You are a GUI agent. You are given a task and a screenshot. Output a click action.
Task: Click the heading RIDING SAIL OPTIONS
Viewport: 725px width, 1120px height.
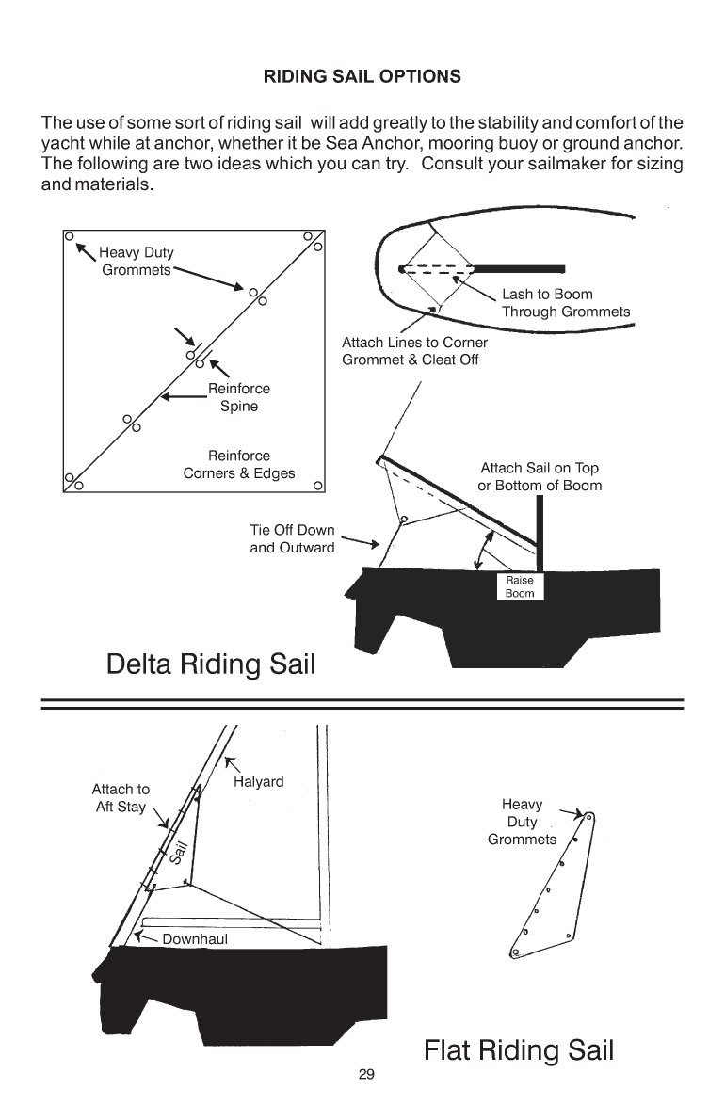tap(362, 76)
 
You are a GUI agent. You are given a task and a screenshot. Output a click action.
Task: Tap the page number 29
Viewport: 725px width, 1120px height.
tap(366, 1074)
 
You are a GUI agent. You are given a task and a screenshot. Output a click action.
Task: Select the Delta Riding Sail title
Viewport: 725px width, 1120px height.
tap(211, 664)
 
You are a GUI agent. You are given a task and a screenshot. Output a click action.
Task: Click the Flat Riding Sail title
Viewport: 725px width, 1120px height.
tap(519, 1049)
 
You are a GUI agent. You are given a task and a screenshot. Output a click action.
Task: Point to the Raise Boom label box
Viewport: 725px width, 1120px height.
tap(520, 586)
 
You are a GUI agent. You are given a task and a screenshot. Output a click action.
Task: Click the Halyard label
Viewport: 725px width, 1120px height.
tap(258, 782)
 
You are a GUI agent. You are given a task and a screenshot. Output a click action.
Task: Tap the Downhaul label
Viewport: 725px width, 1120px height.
tap(195, 938)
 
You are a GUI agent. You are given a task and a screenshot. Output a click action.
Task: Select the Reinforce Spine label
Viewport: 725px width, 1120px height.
tap(238, 397)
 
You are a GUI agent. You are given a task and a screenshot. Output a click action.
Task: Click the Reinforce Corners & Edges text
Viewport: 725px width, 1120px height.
tap(238, 464)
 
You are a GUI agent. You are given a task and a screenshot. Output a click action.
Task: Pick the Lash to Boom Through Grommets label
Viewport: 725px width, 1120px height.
tap(565, 303)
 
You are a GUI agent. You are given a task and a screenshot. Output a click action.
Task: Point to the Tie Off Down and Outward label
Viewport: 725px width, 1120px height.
tap(292, 538)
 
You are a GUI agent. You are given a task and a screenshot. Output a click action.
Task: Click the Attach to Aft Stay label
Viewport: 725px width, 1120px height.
tap(120, 798)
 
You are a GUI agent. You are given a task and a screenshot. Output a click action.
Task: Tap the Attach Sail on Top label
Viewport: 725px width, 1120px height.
tap(539, 476)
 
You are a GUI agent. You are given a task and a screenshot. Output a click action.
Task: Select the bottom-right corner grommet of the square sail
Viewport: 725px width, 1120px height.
tap(319, 486)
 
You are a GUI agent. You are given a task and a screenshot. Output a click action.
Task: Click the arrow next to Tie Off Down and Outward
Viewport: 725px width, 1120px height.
tap(361, 541)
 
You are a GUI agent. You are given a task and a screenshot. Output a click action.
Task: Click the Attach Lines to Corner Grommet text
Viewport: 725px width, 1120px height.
tap(414, 351)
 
